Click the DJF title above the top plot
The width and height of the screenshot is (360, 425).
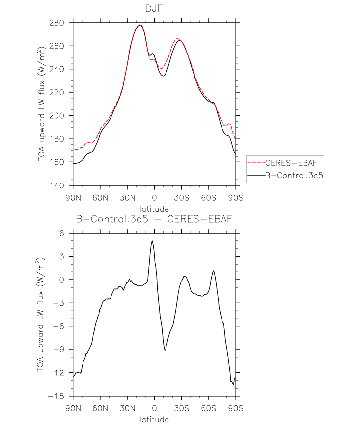pos(154,8)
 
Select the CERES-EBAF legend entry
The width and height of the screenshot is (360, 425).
pos(291,163)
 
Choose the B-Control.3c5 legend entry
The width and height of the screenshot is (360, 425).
pos(294,175)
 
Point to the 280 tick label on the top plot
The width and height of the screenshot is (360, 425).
pos(56,23)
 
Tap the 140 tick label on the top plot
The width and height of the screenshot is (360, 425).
pos(56,186)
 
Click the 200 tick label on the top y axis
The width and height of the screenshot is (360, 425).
pos(56,116)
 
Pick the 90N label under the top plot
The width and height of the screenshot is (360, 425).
pos(73,198)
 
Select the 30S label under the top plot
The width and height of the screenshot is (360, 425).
pos(182,198)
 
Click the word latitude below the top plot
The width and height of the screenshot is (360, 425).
pos(154,209)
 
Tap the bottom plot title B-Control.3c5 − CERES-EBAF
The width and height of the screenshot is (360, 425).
pos(154,219)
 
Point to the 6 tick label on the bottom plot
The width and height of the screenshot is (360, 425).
pos(61,233)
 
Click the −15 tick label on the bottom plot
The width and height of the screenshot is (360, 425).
pos(56,396)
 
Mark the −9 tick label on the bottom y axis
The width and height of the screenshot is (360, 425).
pos(59,349)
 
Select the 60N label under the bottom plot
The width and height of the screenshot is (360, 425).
pos(100,408)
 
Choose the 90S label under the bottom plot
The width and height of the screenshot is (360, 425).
pos(236,408)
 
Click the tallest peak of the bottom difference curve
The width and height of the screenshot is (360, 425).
pos(152,241)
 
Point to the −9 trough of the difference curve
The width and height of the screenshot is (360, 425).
pos(165,350)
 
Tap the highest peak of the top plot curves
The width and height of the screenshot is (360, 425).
pos(140,25)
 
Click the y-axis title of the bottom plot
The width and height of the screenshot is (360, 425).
pos(40,315)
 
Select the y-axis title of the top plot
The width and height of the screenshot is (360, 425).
pos(41,104)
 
